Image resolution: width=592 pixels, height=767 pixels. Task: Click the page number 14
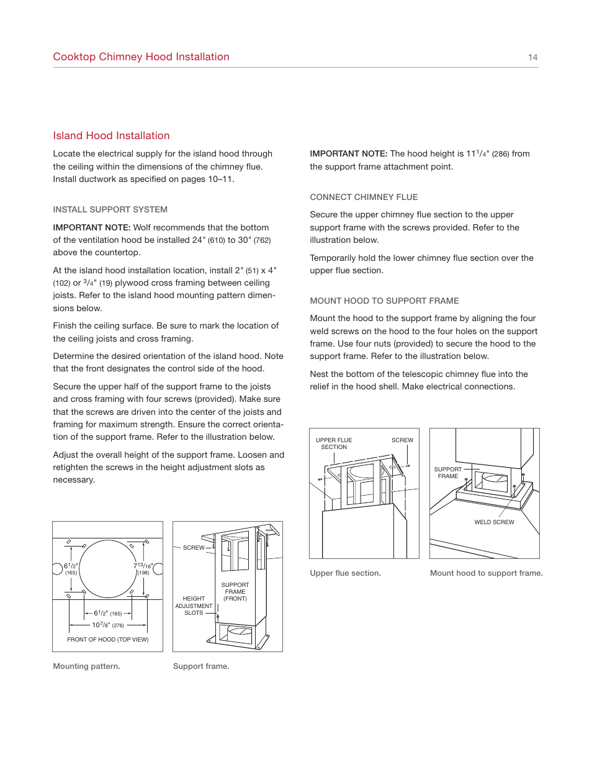[532, 57]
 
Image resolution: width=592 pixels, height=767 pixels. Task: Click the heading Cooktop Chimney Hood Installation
[141, 57]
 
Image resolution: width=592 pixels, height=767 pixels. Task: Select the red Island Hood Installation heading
[111, 135]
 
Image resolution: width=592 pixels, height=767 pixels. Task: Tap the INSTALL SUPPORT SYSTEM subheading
[110, 209]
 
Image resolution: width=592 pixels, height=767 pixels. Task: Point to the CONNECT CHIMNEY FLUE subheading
[364, 197]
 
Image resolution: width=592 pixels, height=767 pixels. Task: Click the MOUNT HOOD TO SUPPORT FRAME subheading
[384, 301]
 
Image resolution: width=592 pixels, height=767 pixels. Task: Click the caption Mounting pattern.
[86, 666]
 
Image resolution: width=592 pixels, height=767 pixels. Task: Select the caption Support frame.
[201, 666]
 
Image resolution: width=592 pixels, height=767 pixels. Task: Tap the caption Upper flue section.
[345, 573]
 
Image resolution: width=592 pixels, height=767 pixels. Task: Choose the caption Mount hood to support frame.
[486, 573]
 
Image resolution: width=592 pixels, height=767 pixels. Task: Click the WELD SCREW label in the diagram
[494, 522]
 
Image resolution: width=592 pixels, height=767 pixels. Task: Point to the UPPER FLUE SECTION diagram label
[334, 443]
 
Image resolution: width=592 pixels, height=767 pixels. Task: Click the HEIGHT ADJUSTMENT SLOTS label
[194, 606]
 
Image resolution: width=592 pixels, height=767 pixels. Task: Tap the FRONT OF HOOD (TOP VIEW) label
[108, 639]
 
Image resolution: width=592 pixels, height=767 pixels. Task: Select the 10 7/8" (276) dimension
[108, 625]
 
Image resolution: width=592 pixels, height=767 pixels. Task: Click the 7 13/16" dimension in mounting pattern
[143, 568]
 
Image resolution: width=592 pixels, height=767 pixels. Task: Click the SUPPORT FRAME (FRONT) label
[235, 591]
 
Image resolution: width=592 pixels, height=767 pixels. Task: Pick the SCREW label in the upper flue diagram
[402, 440]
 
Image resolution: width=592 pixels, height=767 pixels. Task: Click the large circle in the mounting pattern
[107, 569]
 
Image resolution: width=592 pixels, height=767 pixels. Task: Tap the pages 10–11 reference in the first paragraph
[211, 179]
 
